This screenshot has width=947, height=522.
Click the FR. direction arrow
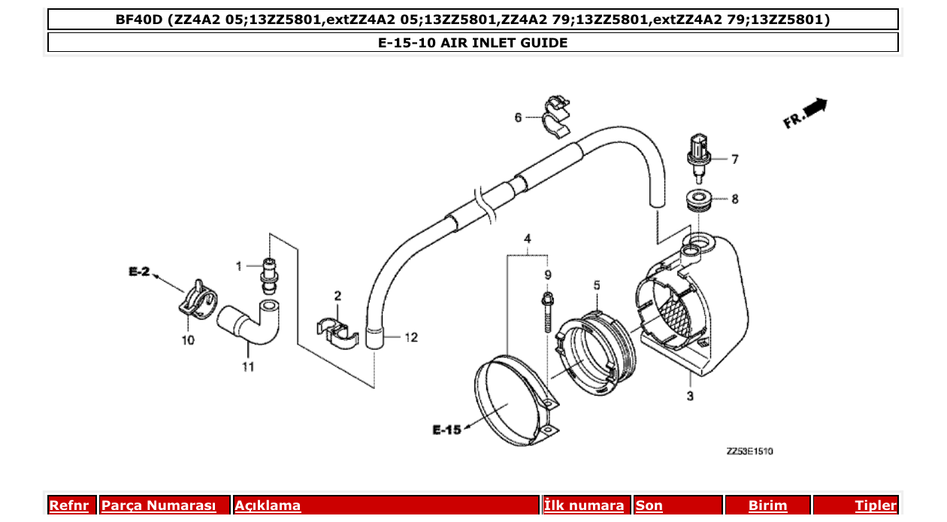[806, 113]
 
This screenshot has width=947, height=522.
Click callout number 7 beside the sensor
[734, 159]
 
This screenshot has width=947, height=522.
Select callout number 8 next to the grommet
[734, 199]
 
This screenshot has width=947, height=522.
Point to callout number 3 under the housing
[689, 395]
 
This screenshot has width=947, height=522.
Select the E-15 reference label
[446, 430]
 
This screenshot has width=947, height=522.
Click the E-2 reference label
[139, 272]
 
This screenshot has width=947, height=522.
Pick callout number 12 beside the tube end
[410, 338]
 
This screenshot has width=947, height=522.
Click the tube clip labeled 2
[337, 330]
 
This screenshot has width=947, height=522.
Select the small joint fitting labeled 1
[267, 275]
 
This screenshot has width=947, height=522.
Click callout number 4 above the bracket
[528, 238]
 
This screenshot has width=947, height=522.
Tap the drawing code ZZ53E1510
[749, 451]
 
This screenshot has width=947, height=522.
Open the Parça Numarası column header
[159, 505]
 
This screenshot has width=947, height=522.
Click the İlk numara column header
[584, 505]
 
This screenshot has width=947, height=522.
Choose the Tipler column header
[875, 505]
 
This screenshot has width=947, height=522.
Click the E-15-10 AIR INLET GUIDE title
[473, 43]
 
